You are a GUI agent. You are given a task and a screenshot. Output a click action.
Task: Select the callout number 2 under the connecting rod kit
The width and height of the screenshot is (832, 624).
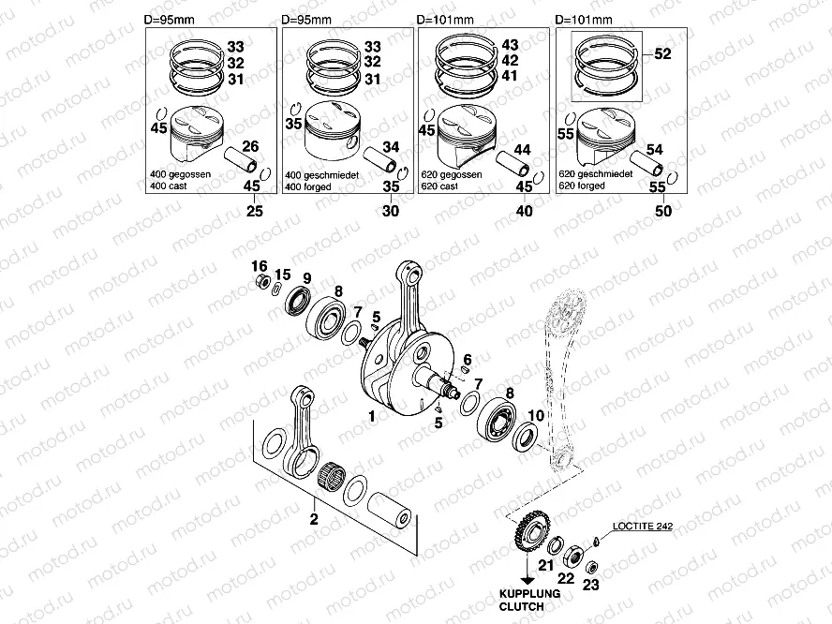[x=314, y=518]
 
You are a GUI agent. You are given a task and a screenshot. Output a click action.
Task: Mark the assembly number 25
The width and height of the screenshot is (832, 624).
[x=250, y=212]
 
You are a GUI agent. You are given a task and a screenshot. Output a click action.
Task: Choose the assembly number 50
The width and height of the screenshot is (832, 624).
[x=663, y=212]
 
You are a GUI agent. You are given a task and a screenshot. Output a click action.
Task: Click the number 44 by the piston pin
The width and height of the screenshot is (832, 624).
[x=523, y=150]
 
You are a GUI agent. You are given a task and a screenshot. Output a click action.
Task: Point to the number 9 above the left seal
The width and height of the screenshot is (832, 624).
[x=306, y=277]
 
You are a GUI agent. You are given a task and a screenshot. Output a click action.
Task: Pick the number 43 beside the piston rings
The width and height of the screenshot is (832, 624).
[x=510, y=45]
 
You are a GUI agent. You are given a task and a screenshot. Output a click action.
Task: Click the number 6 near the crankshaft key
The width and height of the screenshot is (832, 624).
[x=466, y=360]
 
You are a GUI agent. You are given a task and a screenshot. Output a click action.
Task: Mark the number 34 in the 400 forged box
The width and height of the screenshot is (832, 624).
[x=391, y=146]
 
